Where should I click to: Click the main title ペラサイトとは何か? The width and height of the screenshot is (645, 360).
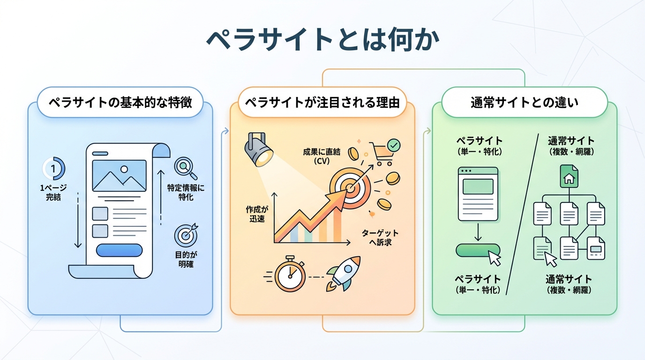click(322, 41)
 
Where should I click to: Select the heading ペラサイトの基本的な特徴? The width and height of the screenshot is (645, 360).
click(120, 102)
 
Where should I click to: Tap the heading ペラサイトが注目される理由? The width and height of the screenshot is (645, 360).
click(322, 102)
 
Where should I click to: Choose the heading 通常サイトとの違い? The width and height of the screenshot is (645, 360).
click(524, 102)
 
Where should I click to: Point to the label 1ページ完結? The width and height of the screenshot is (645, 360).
click(53, 193)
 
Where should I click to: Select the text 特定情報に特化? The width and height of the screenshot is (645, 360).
click(186, 193)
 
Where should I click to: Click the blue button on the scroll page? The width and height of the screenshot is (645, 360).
click(119, 250)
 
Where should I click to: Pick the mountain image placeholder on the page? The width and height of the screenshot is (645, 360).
click(119, 176)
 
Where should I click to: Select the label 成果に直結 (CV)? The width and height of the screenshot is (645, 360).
click(322, 157)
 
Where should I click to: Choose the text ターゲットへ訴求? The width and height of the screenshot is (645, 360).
click(380, 238)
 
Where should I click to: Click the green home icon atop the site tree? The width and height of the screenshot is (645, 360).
click(569, 177)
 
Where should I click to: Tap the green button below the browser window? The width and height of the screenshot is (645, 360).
click(477, 250)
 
